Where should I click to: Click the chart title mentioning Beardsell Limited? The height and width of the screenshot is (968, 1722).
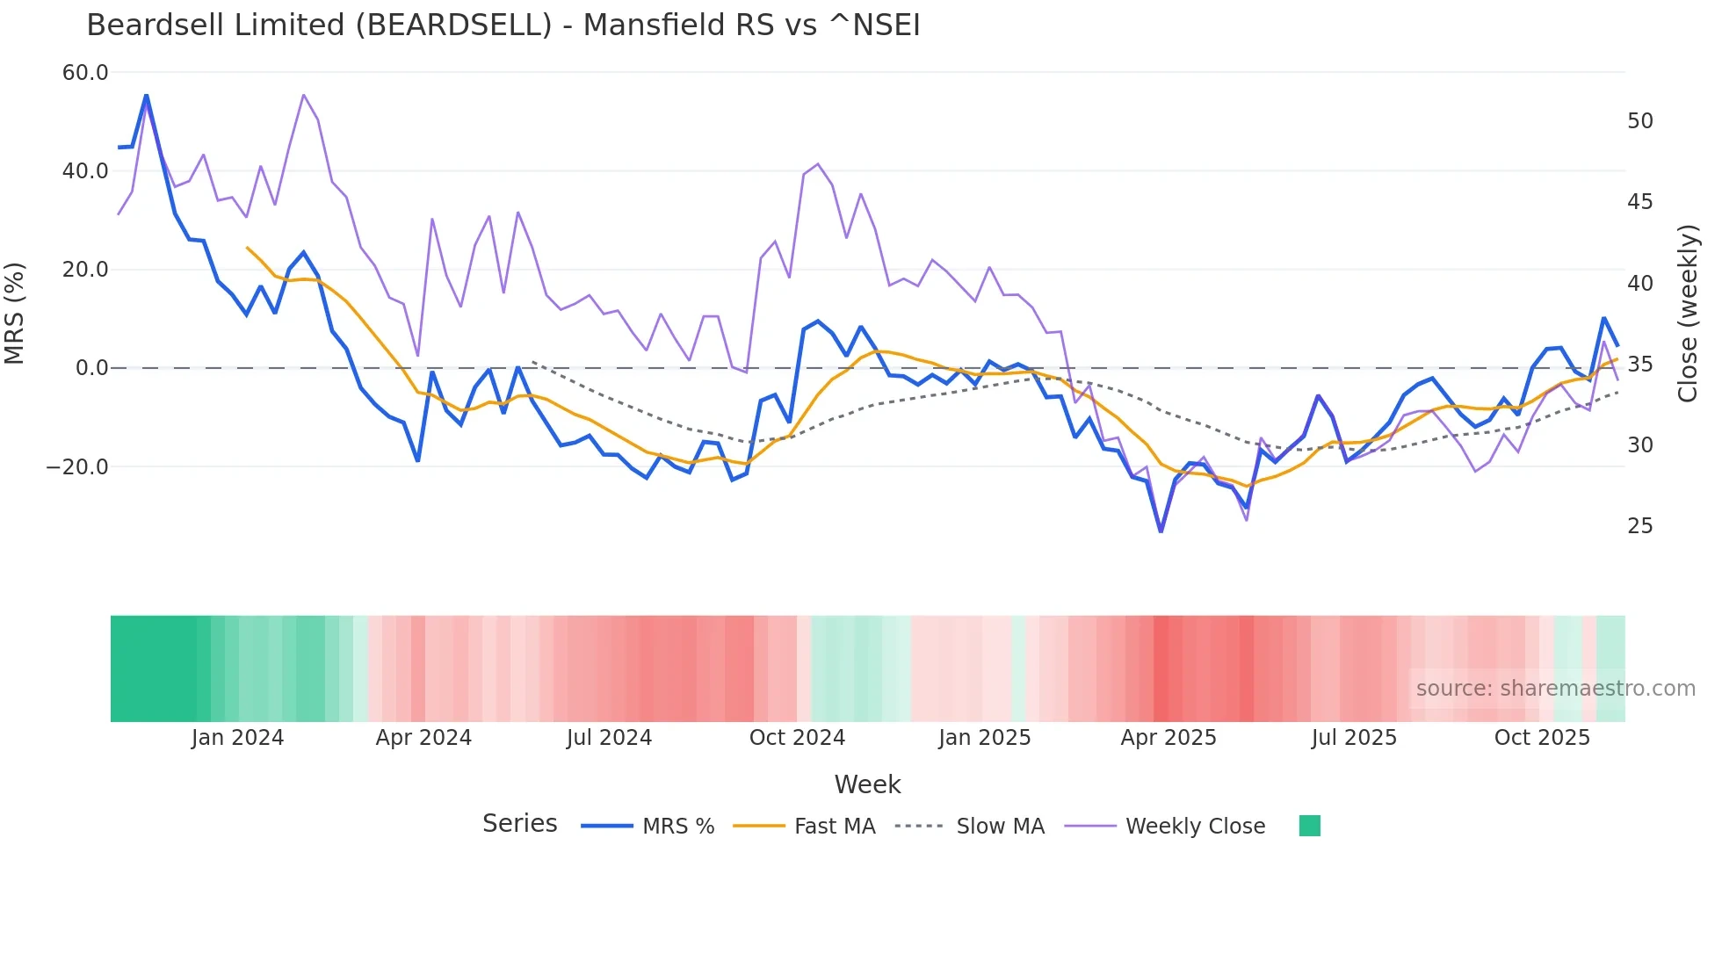503,25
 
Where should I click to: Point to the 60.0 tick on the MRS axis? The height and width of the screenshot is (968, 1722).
85,73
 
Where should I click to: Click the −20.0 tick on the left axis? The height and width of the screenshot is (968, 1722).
77,467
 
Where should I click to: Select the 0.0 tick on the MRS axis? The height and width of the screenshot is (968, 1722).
91,368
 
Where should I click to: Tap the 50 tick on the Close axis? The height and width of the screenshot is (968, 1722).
1639,121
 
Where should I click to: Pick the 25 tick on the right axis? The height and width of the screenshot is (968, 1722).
1639,526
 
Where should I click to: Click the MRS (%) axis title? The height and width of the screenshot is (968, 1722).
15,314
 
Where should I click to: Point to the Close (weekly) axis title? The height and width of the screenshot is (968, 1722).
1687,314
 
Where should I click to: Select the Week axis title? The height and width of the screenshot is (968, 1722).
867,784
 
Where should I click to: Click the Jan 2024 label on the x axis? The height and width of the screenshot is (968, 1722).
237,738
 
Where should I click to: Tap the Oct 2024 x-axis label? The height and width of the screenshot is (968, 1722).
797,738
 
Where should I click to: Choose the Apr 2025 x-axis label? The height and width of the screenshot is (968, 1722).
1168,738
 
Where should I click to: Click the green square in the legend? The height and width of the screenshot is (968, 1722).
1309,826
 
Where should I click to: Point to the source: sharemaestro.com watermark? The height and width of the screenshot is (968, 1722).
1555,689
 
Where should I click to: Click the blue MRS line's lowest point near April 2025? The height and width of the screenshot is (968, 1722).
1161,531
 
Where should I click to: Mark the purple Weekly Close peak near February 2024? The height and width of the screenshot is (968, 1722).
303,95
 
